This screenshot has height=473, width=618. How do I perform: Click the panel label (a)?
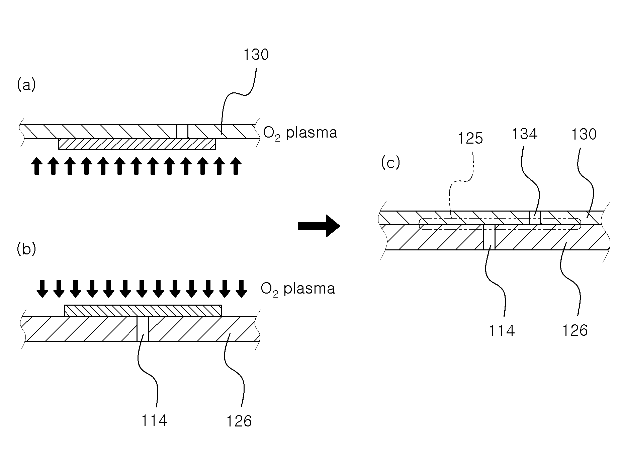pyautogui.click(x=26, y=85)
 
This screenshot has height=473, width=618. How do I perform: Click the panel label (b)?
pyautogui.click(x=26, y=249)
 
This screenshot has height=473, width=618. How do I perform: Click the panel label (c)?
pyautogui.click(x=390, y=163)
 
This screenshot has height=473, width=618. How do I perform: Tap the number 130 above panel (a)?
pyautogui.click(x=256, y=55)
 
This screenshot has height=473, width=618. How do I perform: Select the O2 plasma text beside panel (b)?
pyautogui.click(x=298, y=289)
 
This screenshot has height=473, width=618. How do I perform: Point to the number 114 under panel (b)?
pyautogui.click(x=154, y=420)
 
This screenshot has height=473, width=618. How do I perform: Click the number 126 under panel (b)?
pyautogui.click(x=239, y=421)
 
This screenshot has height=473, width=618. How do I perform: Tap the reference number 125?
pyautogui.click(x=470, y=138)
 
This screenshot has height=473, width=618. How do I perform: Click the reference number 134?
pyautogui.click(x=525, y=134)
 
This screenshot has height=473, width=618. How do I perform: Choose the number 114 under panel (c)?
pyautogui.click(x=502, y=331)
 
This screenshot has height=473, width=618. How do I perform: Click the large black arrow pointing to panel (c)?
pyautogui.click(x=319, y=226)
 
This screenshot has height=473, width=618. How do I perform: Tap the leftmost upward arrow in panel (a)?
pyautogui.click(x=36, y=166)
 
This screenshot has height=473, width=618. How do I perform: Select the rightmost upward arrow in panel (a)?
pyautogui.click(x=236, y=166)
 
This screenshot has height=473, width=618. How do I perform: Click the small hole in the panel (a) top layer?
pyautogui.click(x=182, y=131)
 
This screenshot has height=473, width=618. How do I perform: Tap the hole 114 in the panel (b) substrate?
pyautogui.click(x=143, y=329)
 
